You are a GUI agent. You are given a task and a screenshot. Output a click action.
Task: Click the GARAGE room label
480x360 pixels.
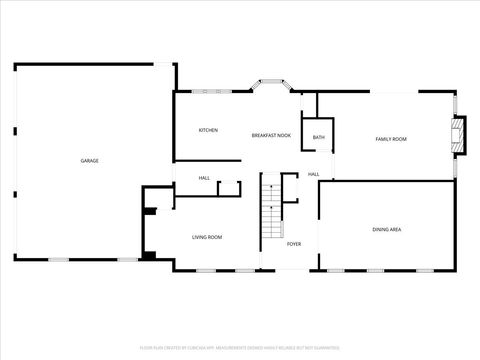pos(90,160)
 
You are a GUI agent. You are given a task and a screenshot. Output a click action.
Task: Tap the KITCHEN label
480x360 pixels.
pos(208,130)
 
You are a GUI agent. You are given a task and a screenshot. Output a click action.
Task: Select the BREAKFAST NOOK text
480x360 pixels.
pos(271,134)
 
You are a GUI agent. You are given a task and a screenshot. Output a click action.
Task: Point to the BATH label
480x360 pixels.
pos(318,137)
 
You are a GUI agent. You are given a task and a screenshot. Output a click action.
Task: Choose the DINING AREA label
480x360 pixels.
pos(387,229)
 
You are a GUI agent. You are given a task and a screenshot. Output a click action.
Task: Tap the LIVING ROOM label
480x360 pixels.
pos(207,237)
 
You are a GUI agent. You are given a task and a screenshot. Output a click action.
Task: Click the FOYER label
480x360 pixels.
pos(294,244)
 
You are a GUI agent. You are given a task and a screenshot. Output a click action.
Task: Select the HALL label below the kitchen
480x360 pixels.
pos(204,178)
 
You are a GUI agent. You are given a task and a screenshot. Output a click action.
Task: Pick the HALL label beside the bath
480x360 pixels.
pos(313,175)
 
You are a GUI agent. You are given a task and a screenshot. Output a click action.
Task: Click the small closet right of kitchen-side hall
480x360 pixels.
pos(229,188)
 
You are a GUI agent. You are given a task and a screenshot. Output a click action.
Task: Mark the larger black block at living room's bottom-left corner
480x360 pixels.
pos(148,255)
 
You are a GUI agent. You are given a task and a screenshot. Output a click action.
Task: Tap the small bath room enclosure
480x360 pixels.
pos(318,135)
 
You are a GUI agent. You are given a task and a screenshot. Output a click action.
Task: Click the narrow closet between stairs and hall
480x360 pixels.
pos(290,187)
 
